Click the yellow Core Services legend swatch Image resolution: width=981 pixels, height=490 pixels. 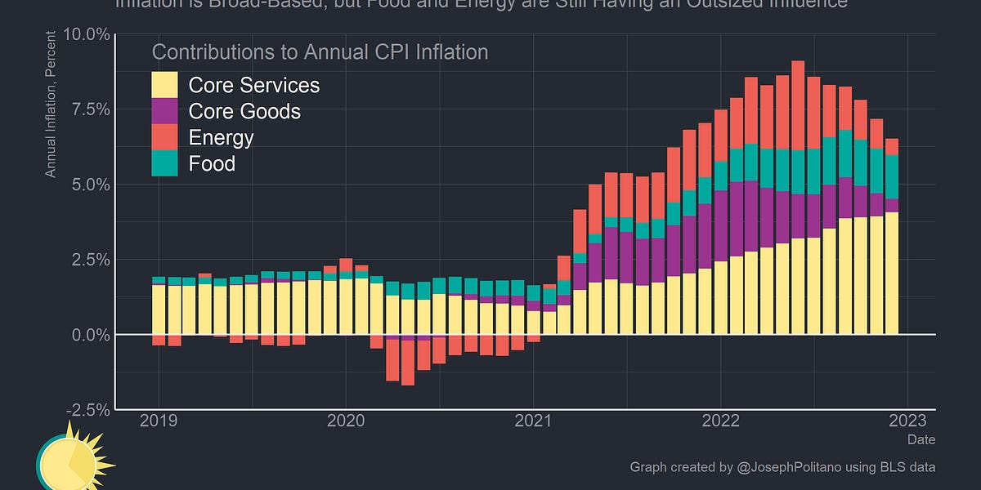coord(164,85)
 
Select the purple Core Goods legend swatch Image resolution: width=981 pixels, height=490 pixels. coord(164,111)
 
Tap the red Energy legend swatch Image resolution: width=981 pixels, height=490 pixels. coord(164,137)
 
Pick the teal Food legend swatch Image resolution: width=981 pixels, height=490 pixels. coord(164,163)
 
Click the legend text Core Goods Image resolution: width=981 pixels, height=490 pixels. coord(244,111)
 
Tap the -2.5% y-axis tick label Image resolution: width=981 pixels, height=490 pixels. coord(86,409)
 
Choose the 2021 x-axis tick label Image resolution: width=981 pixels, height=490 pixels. coord(533,421)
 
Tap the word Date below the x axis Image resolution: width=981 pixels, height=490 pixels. coord(921,439)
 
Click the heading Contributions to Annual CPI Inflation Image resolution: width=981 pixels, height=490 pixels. coord(320,52)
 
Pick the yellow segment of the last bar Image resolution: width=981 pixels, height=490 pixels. coord(892,273)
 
